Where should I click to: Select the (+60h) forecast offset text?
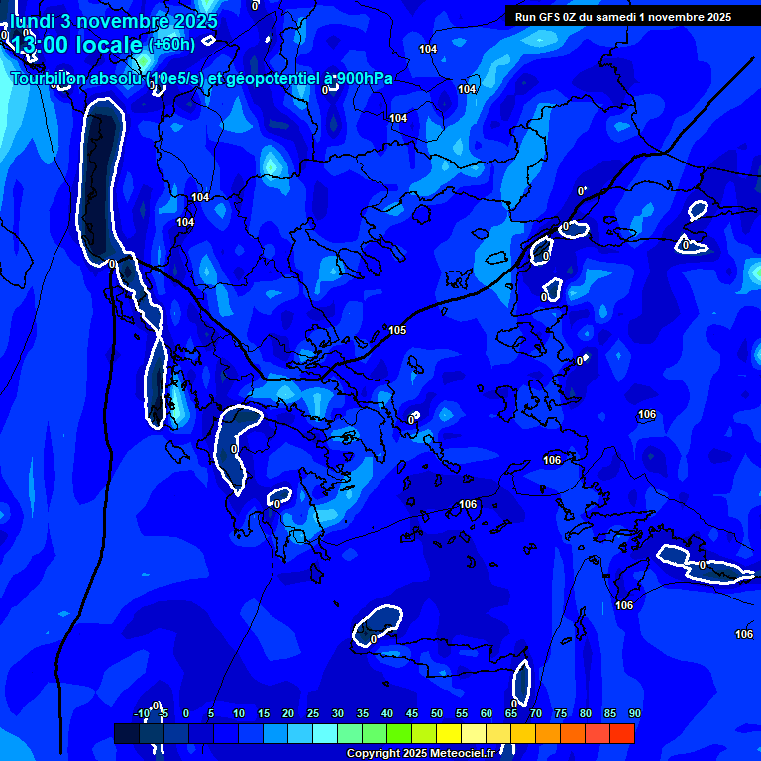pyautogui.click(x=171, y=45)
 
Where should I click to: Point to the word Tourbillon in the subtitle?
pyautogui.click(x=54, y=79)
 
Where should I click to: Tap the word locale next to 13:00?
pyautogui.click(x=110, y=45)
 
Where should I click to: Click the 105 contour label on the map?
pyautogui.click(x=397, y=330)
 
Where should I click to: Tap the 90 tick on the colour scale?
pyautogui.click(x=634, y=713)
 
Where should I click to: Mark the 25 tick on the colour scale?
pyautogui.click(x=313, y=713)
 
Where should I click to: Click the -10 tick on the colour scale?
pyautogui.click(x=142, y=713)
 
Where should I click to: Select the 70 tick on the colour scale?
pyautogui.click(x=536, y=713)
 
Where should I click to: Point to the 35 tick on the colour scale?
pyautogui.click(x=363, y=713)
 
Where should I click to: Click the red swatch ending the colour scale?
pyautogui.click(x=622, y=733)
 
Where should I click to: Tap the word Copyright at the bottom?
pyautogui.click(x=374, y=754)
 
